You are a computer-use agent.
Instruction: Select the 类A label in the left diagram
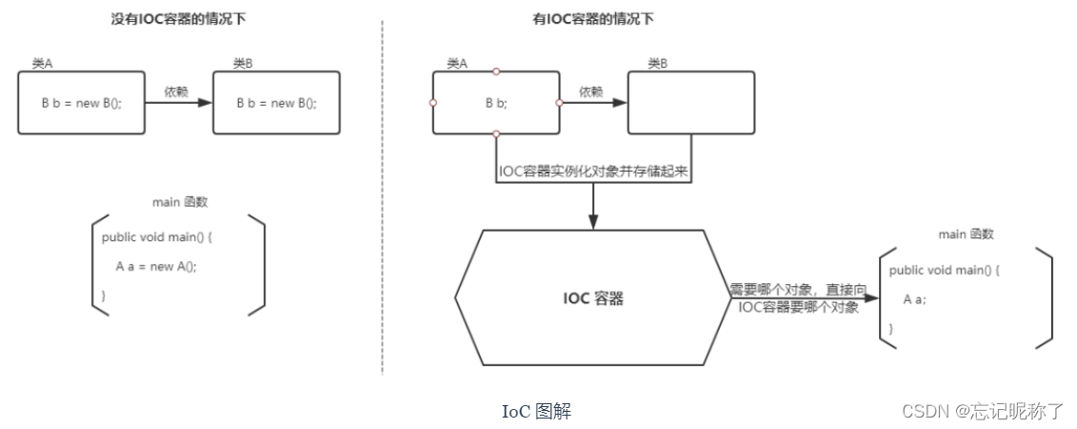pyautogui.click(x=42, y=63)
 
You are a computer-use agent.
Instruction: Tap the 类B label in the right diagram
pyautogui.click(x=657, y=63)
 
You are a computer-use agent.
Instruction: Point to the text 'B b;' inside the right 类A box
pyautogui.click(x=495, y=103)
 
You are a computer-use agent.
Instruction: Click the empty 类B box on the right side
pyautogui.click(x=690, y=102)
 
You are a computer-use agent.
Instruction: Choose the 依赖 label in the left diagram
pyautogui.click(x=176, y=92)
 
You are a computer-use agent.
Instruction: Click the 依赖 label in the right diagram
pyautogui.click(x=590, y=92)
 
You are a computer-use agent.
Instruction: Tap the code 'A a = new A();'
pyautogui.click(x=156, y=266)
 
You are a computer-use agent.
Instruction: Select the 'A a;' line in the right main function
pyautogui.click(x=914, y=299)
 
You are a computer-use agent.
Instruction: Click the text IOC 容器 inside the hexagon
pyautogui.click(x=592, y=298)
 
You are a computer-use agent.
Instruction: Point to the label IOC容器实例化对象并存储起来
pyautogui.click(x=592, y=173)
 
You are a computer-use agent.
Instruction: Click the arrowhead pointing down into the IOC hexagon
pyautogui.click(x=592, y=222)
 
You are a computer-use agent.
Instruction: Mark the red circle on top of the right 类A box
pyautogui.click(x=495, y=71)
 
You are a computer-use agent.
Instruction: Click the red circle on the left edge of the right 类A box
pyautogui.click(x=433, y=103)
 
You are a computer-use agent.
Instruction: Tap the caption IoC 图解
pyautogui.click(x=536, y=411)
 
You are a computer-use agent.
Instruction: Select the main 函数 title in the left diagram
pyautogui.click(x=180, y=202)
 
